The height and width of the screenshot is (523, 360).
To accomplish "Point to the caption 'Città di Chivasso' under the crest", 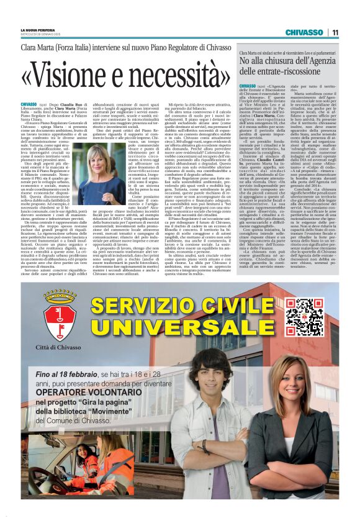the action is click(x=60, y=346).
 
